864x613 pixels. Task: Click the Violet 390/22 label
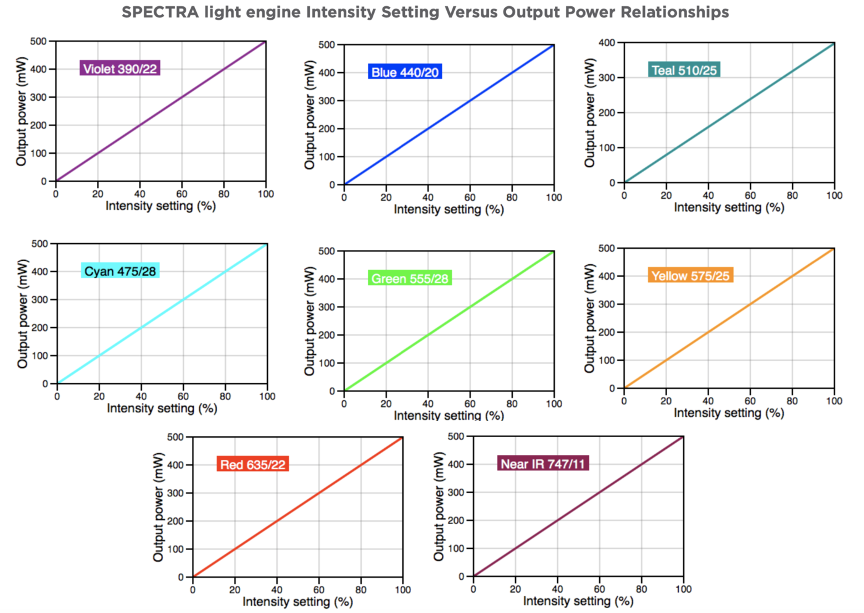[x=120, y=69]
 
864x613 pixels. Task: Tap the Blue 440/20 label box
[x=405, y=72]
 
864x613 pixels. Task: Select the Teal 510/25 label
[x=684, y=70]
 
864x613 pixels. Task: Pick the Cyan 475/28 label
[x=120, y=271]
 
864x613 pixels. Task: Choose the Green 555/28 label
[x=409, y=278]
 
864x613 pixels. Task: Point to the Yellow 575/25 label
[x=690, y=276]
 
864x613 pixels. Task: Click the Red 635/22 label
[x=252, y=464]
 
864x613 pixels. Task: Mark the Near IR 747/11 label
[x=542, y=464]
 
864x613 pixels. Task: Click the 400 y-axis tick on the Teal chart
[x=607, y=43]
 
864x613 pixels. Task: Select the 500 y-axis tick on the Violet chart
[x=38, y=41]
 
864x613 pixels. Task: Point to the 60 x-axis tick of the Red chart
[x=319, y=590]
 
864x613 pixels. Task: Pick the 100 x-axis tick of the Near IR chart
[x=683, y=589]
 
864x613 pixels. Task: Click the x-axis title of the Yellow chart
[x=729, y=412]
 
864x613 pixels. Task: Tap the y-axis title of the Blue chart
[x=310, y=115]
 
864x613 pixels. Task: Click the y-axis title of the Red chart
[x=159, y=507]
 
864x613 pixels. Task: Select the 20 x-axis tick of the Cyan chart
[x=99, y=396]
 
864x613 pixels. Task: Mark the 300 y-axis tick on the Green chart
[x=326, y=307]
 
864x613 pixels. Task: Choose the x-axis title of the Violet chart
[x=160, y=206]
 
